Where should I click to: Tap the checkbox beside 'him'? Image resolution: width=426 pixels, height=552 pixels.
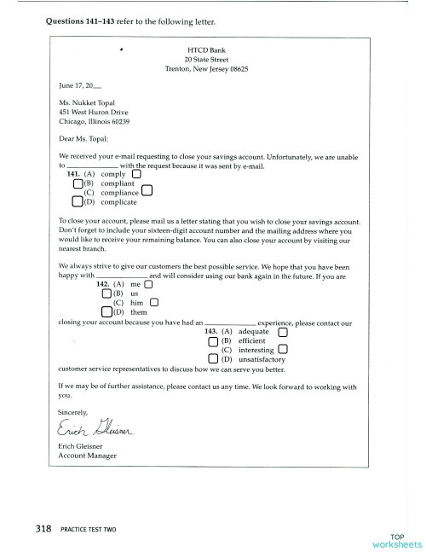point(154,302)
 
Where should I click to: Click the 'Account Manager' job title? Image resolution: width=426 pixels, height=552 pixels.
point(87,456)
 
